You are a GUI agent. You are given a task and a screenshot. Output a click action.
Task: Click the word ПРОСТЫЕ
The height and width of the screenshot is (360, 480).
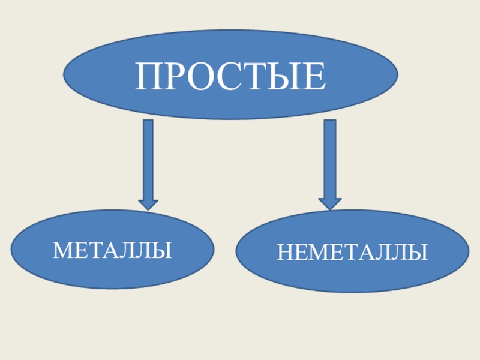coord(231,76)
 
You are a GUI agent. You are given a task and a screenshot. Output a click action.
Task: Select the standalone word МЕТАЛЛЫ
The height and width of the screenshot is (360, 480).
coord(112,250)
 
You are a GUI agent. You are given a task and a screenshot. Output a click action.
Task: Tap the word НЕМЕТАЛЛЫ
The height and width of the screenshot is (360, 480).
coord(352,252)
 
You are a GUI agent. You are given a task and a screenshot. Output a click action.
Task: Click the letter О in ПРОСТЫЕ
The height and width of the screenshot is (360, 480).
coord(201,76)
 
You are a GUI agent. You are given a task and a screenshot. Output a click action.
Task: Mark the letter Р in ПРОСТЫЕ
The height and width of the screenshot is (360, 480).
coord(175,76)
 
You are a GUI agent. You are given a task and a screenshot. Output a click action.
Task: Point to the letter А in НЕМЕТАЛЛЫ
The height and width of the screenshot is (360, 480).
coord(368,253)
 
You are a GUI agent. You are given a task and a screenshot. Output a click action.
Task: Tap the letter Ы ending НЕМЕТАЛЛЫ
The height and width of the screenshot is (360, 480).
coord(419,253)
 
